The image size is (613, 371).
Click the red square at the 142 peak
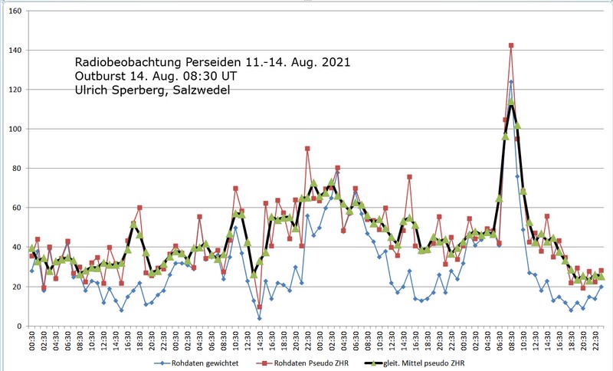point(511,46)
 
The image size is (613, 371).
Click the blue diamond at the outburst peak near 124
point(511,81)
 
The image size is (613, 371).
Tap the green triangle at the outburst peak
point(511,101)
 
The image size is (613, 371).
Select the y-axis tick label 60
point(18,208)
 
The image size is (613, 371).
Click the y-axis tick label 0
point(20,327)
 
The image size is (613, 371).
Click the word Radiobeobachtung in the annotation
point(129,61)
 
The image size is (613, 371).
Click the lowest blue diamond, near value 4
point(259,318)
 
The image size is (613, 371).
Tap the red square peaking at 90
point(307,149)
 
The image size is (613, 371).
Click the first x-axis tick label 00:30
point(32,342)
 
